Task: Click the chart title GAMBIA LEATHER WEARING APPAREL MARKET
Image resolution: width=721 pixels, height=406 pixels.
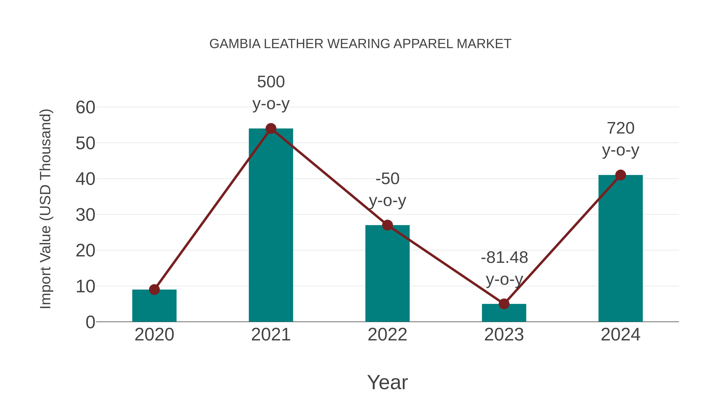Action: pos(360,44)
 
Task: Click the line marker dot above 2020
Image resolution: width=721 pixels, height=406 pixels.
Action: pos(154,290)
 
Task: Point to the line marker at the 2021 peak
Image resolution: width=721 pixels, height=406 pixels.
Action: pos(271,129)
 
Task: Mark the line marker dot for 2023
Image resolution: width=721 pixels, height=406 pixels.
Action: pos(504,304)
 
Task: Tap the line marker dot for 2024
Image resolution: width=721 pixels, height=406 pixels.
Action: pos(620,175)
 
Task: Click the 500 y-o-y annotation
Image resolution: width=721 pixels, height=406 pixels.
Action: pos(271,93)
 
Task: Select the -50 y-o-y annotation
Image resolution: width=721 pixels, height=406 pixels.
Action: pos(387,190)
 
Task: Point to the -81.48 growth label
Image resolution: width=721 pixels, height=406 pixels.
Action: pos(504,257)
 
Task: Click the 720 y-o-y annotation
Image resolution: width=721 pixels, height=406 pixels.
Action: pos(620,139)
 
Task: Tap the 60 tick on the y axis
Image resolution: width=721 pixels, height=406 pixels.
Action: pos(85,108)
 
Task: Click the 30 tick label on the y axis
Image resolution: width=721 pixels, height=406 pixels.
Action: pos(85,215)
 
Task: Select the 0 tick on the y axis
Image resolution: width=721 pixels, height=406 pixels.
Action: pos(90,322)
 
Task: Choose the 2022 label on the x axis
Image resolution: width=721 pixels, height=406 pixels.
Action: pos(387,335)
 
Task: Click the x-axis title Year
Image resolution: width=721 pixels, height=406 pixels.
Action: pos(387,382)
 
